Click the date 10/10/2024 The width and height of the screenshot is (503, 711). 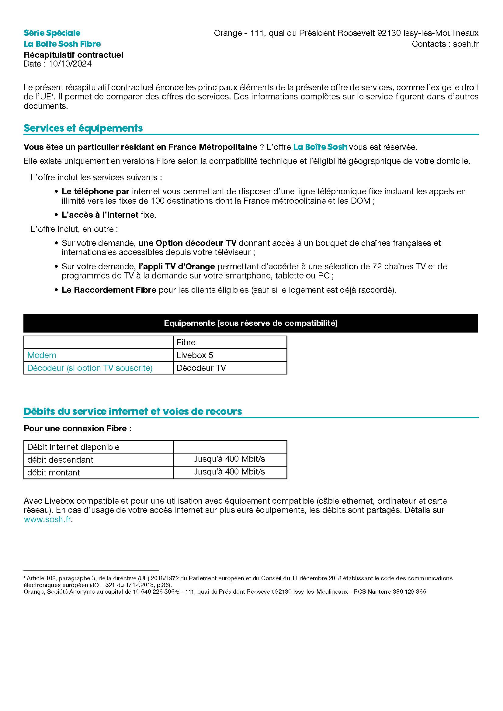tap(70, 64)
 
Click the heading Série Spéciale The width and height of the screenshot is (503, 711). tap(52, 33)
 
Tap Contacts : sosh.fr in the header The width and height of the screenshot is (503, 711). tap(445, 44)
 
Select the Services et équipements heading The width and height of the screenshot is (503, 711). tap(83, 128)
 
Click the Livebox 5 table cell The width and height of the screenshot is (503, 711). tap(195, 355)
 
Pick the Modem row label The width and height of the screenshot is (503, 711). tap(42, 355)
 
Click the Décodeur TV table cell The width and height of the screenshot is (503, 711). tap(201, 368)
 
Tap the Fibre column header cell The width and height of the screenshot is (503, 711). tap(186, 343)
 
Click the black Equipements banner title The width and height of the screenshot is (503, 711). tap(251, 323)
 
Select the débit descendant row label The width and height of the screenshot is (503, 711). tap(60, 460)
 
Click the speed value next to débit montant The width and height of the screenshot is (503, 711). tap(229, 472)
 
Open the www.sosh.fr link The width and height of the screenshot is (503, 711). tap(47, 519)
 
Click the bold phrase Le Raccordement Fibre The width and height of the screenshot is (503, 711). tap(109, 290)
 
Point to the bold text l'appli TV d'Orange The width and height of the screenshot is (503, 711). tap(177, 266)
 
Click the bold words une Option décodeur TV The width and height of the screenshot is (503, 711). tap(187, 243)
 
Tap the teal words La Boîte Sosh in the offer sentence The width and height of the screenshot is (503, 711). tap(320, 147)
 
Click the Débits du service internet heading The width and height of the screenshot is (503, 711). tap(133, 412)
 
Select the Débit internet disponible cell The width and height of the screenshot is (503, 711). tap(73, 447)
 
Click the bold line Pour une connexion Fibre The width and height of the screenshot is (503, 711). tap(78, 429)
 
